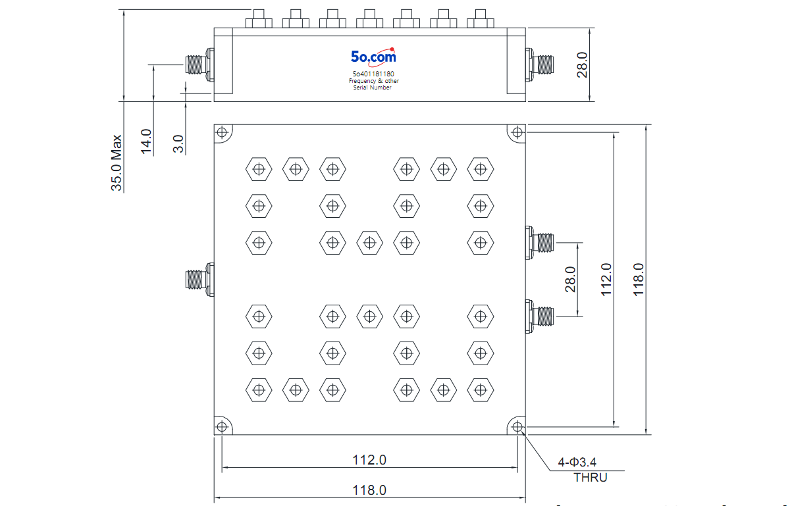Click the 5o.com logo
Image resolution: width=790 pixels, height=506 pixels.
pyautogui.click(x=373, y=57)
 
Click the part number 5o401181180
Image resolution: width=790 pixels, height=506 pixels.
pyautogui.click(x=373, y=74)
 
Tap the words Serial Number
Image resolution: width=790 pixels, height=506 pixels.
pyautogui.click(x=373, y=88)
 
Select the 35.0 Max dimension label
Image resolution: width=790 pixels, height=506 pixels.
pyautogui.click(x=117, y=163)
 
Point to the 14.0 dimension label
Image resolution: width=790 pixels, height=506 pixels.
pyautogui.click(x=146, y=141)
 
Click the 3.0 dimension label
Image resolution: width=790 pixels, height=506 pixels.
pyautogui.click(x=178, y=144)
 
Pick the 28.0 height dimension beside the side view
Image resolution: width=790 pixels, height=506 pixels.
pyautogui.click(x=582, y=65)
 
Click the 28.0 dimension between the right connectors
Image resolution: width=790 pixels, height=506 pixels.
pyautogui.click(x=570, y=279)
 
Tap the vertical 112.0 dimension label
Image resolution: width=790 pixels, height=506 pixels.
pyautogui.click(x=606, y=279)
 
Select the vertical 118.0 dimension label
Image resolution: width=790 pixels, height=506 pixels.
pyautogui.click(x=639, y=279)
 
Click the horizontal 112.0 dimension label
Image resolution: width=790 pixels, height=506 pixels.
pyautogui.click(x=369, y=460)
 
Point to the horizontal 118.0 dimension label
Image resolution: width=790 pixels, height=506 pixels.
pyautogui.click(x=369, y=490)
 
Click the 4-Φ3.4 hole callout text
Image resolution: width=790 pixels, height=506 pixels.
pyautogui.click(x=577, y=462)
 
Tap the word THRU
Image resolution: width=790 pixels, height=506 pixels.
pyautogui.click(x=591, y=478)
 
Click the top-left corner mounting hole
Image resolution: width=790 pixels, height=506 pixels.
pyautogui.click(x=222, y=132)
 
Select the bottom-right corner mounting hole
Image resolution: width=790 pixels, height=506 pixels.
pyautogui.click(x=517, y=427)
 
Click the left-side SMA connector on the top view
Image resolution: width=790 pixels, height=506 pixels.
pyautogui.click(x=199, y=280)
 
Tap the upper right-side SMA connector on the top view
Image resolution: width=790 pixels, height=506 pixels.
pyautogui.click(x=540, y=243)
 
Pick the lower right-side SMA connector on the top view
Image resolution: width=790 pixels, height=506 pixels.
pyautogui.click(x=540, y=316)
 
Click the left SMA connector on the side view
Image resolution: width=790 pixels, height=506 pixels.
pyautogui.click(x=199, y=65)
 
